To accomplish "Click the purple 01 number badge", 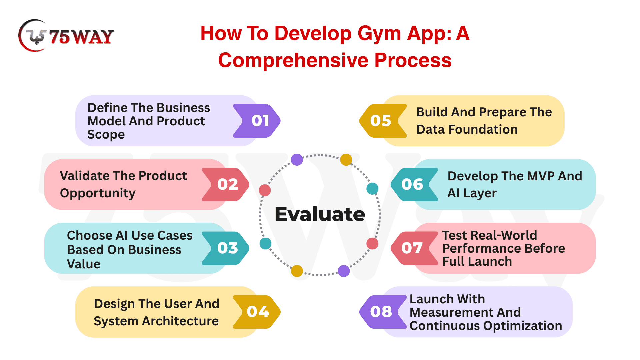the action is [257, 121].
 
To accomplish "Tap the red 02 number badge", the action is [226, 184].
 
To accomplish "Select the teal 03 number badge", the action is [226, 248].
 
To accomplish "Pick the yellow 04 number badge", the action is [257, 312].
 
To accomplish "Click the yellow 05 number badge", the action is [383, 121].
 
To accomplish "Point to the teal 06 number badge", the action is [414, 184].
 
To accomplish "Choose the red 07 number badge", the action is [414, 248].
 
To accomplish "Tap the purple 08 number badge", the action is [383, 312].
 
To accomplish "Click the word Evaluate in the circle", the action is [320, 214].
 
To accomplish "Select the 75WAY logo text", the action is [82, 37].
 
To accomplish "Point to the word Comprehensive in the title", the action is [293, 60].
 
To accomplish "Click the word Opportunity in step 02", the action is [98, 194].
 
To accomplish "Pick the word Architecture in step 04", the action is [180, 321].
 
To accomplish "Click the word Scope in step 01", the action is [106, 135].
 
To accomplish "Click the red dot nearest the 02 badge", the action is [265, 190].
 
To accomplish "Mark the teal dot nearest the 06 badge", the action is [372, 189].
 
